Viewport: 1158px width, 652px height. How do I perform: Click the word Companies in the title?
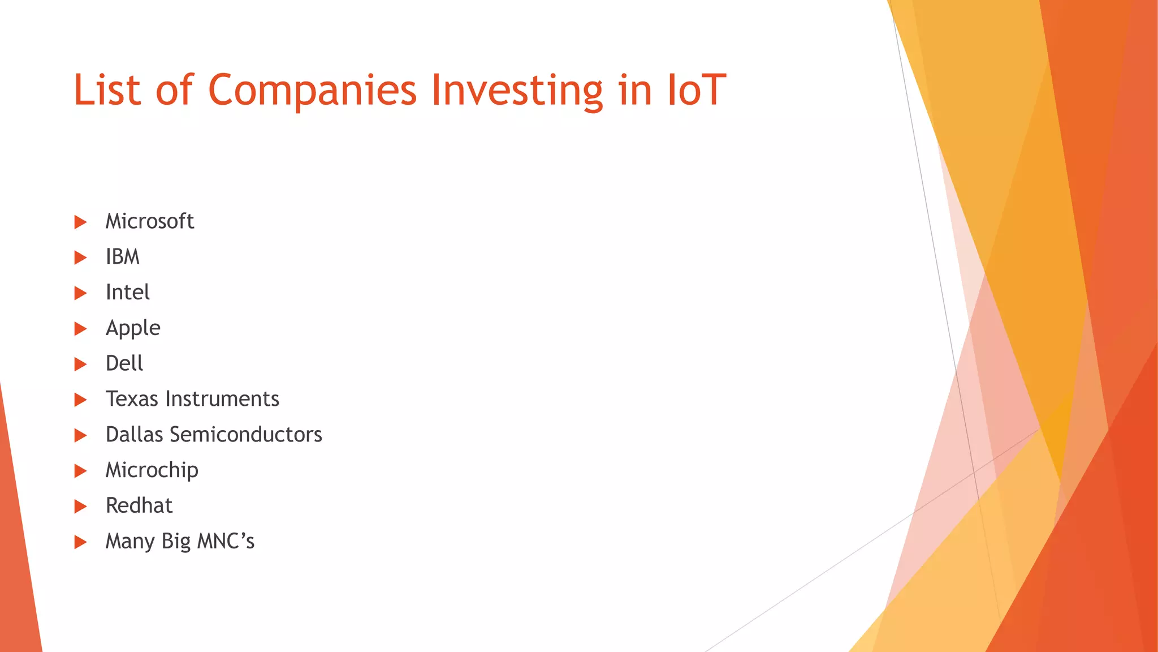click(x=312, y=91)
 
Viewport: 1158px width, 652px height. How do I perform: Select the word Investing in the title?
click(x=517, y=91)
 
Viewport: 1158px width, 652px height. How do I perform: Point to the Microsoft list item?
click(x=150, y=221)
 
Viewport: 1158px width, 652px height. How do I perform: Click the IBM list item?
click(x=123, y=257)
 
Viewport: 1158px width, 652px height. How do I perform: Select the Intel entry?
click(x=128, y=293)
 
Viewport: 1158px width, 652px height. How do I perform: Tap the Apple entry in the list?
click(x=133, y=328)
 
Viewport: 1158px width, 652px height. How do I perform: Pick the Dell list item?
click(x=124, y=363)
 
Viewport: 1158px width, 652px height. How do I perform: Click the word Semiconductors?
click(x=246, y=435)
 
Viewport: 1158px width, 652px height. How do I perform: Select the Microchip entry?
click(x=152, y=470)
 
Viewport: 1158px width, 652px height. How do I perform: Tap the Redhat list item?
click(x=139, y=505)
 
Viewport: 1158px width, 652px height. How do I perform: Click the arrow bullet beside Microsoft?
click(x=81, y=222)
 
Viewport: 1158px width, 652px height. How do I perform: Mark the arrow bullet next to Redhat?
click(x=81, y=507)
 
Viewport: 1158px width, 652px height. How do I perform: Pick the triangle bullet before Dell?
click(x=81, y=364)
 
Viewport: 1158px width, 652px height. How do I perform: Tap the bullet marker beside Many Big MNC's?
click(x=81, y=542)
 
